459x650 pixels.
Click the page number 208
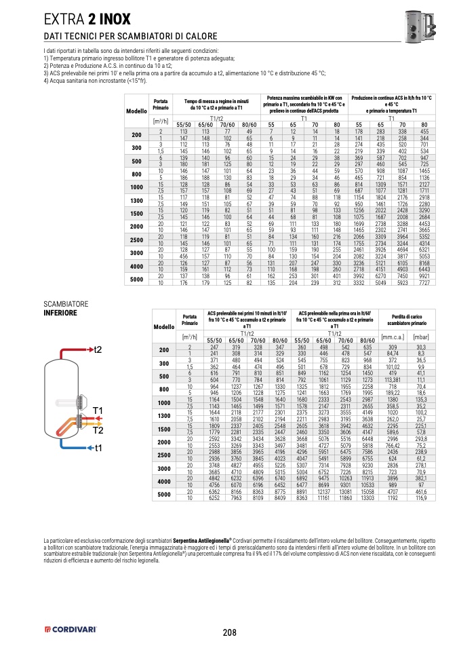click(x=229, y=633)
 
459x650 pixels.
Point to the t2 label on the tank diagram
click(x=98, y=349)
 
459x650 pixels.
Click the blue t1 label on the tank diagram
click(x=98, y=448)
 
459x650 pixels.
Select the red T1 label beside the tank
click(x=97, y=410)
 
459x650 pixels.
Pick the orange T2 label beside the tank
click(x=97, y=430)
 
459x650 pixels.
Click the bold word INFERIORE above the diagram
click(x=60, y=313)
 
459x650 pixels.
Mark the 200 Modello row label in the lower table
click(x=163, y=350)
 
